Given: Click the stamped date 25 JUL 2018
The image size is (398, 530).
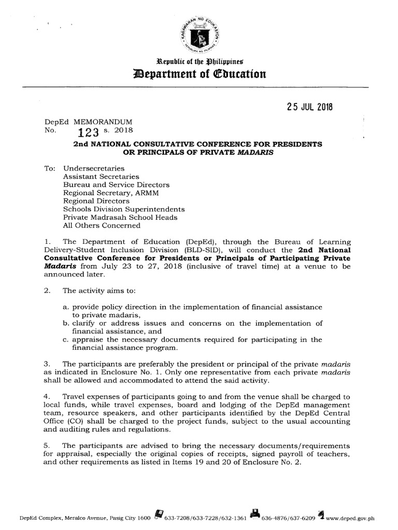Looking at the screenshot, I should pos(309,107).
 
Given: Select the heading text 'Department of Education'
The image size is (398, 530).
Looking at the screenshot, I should pos(200,74).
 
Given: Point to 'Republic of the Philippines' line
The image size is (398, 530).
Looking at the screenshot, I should pos(200,62).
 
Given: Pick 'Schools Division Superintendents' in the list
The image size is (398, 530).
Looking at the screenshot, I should pos(124,209).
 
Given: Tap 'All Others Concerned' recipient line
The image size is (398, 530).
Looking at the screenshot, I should pos(102,225).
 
